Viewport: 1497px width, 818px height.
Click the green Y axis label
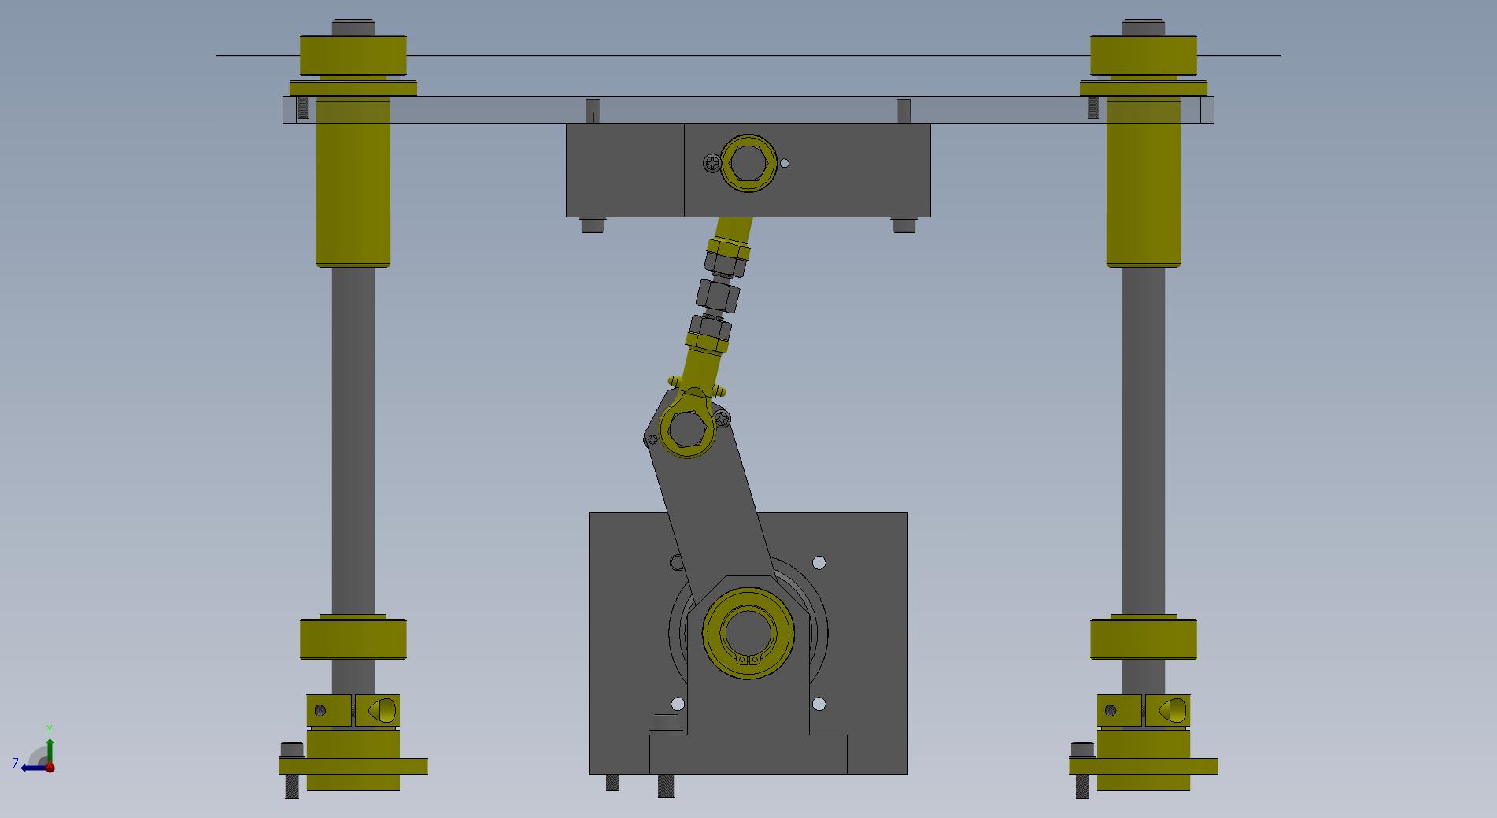50,730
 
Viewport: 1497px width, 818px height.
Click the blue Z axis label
16,764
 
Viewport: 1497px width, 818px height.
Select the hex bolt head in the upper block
748,163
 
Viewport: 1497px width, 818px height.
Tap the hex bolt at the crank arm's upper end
686,428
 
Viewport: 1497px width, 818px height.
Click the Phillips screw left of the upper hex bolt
712,164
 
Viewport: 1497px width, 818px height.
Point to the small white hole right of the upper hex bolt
784,164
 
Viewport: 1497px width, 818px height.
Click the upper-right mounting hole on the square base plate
819,563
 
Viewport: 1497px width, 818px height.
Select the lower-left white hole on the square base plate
677,704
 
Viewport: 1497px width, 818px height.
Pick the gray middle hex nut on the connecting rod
717,296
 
